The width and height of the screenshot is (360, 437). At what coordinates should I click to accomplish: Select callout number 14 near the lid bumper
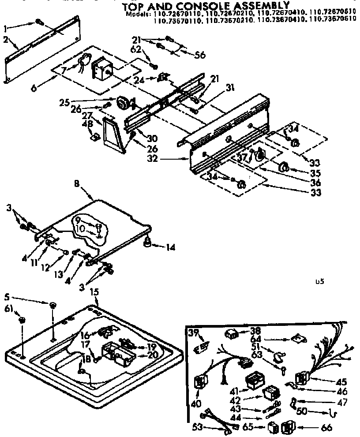point(170,248)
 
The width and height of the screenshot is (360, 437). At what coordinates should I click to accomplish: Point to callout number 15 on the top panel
point(94,291)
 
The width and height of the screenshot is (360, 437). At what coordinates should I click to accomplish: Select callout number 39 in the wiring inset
point(192,332)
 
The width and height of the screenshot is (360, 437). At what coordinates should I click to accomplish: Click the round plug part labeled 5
point(53,305)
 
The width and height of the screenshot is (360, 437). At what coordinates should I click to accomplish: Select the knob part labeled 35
point(283,167)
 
